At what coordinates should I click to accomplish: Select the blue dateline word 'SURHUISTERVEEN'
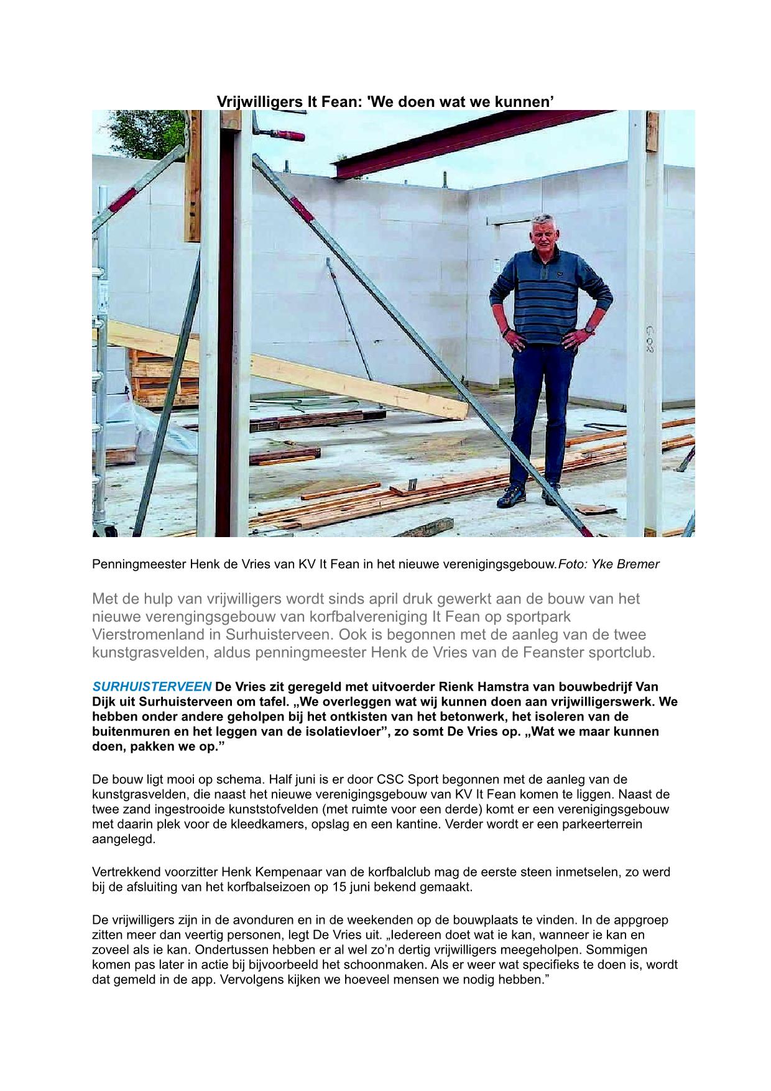click(x=152, y=687)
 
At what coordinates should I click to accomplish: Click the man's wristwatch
click(x=589, y=328)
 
